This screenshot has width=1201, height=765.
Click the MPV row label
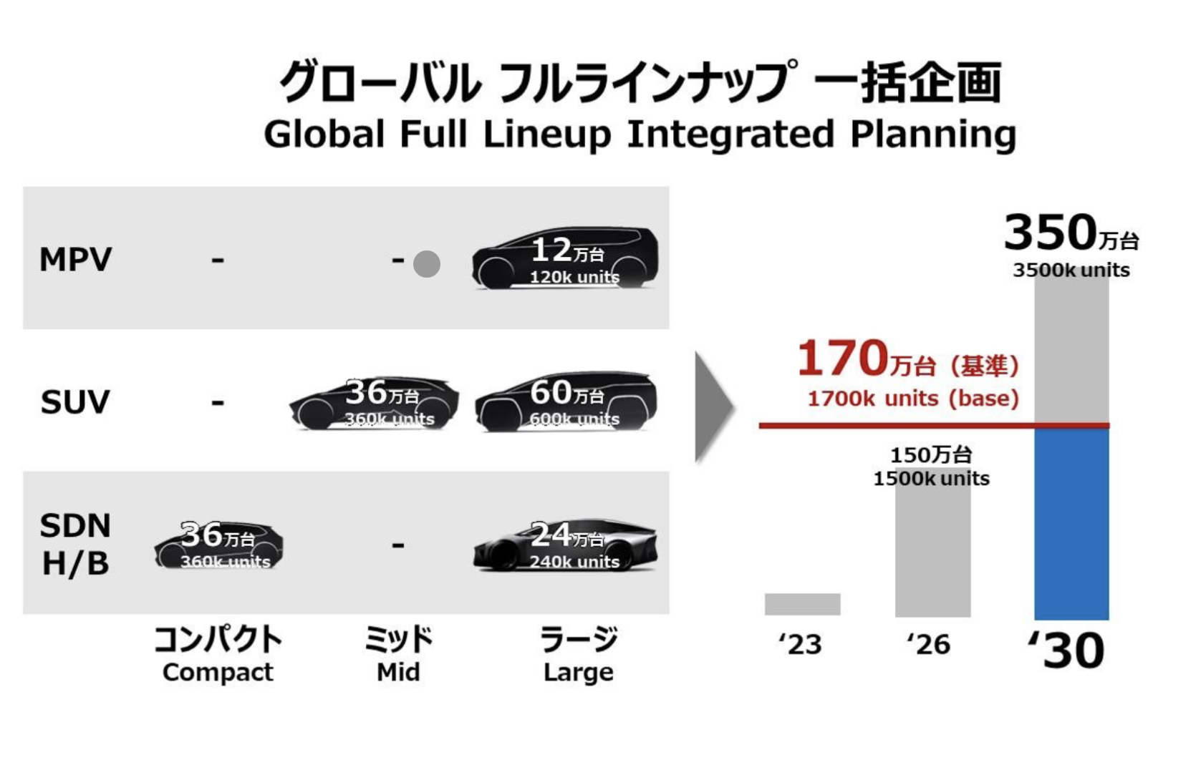click(x=75, y=259)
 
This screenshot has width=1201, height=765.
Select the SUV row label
click(x=75, y=401)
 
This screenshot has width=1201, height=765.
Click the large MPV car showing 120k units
click(x=565, y=259)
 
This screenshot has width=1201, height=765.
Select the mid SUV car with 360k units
click(x=374, y=404)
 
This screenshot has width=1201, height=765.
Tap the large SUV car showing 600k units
click(x=566, y=402)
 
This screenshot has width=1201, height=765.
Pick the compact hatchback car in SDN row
click(x=218, y=545)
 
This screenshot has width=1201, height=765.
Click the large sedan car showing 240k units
click(x=565, y=545)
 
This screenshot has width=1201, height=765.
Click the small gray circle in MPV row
click(x=427, y=264)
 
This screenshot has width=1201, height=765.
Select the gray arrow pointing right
click(x=713, y=406)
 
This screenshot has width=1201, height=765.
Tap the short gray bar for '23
click(x=802, y=604)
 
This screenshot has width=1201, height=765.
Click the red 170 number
click(x=843, y=359)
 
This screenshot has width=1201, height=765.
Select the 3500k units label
click(x=1071, y=271)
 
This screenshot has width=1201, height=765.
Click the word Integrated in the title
click(x=730, y=134)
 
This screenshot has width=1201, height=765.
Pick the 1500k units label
click(x=931, y=479)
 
